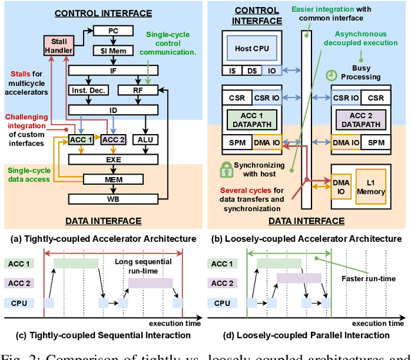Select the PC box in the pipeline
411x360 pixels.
[112, 30]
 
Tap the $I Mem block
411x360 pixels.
[112, 49]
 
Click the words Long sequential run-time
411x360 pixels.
[141, 266]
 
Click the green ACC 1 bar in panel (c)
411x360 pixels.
[76, 263]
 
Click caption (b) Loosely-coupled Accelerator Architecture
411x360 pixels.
[308, 239]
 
